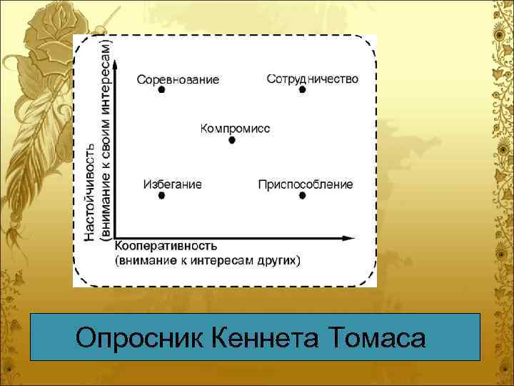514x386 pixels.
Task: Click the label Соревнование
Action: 178,79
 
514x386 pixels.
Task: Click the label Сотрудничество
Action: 312,77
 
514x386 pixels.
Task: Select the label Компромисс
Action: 235,128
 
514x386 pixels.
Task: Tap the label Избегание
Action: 172,184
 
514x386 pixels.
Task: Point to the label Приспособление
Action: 306,184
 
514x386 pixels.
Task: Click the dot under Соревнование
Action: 161,90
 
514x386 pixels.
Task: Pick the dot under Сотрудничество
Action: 302,90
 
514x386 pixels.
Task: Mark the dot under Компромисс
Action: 231,140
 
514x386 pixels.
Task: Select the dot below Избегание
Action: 161,195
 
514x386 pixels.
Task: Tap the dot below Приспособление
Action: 302,195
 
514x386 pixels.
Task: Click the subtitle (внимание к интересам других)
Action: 207,260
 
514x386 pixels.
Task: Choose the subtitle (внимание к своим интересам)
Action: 106,139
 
